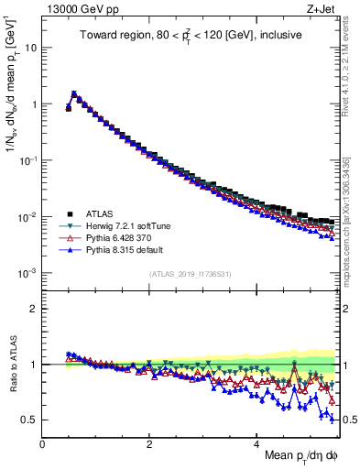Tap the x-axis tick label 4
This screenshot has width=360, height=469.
pos(257,443)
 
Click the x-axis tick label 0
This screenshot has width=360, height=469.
pos(43,443)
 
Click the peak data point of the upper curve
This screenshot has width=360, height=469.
pos(73,93)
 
